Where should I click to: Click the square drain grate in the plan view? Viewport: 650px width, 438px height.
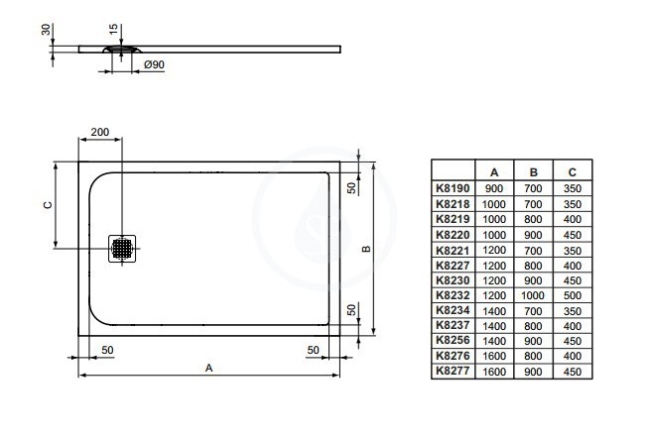[122, 249]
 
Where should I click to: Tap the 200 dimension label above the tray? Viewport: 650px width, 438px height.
[100, 132]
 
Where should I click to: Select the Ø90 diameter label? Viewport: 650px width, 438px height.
[154, 64]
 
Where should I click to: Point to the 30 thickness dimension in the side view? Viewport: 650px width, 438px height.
[46, 30]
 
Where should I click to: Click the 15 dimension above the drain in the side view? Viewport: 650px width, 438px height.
[113, 30]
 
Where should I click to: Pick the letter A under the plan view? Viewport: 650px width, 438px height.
[209, 368]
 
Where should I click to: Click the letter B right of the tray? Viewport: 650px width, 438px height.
[366, 249]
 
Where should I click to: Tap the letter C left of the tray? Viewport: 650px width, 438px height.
[48, 205]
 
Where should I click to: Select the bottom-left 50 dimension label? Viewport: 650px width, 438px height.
[107, 350]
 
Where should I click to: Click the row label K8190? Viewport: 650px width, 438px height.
[453, 188]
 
